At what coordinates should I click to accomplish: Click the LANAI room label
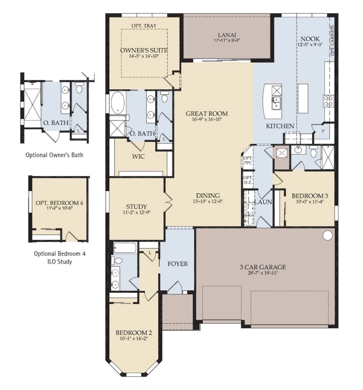tap(227, 34)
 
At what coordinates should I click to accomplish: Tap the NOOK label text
tap(310, 39)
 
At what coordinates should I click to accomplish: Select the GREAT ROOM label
tap(206, 113)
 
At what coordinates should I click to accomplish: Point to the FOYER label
tap(177, 264)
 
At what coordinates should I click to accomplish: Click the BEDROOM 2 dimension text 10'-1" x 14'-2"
tap(132, 337)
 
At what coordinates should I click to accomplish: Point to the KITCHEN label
tap(280, 126)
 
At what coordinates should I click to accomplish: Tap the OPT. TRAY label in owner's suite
tap(144, 26)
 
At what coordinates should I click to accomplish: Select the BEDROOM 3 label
tap(310, 196)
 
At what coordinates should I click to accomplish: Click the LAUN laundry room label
tap(263, 202)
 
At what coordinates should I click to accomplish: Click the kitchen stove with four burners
tap(328, 100)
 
